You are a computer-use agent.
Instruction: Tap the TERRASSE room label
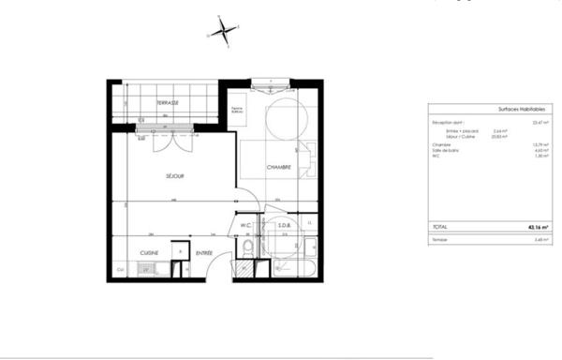click(x=169, y=101)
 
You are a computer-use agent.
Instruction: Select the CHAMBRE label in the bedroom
click(x=278, y=168)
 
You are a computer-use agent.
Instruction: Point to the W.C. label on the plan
click(x=246, y=225)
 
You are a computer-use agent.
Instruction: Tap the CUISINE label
click(x=149, y=253)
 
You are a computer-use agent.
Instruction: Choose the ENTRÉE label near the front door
click(x=204, y=253)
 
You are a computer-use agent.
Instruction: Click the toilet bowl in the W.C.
click(x=246, y=247)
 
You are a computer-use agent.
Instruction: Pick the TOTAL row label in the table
click(x=440, y=226)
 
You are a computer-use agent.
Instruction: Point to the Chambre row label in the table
click(x=442, y=144)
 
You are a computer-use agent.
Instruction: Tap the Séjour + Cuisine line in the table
click(x=457, y=136)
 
